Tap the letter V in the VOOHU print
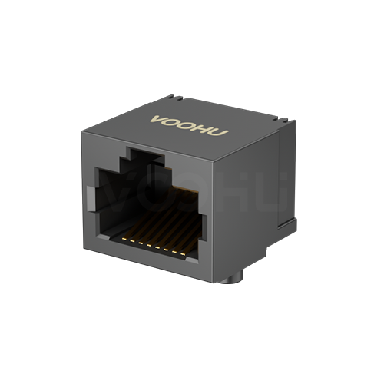[x=159, y=119]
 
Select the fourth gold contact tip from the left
[x=146, y=243]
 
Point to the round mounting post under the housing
[x=235, y=273]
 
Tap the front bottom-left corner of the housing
[x=82, y=254]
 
